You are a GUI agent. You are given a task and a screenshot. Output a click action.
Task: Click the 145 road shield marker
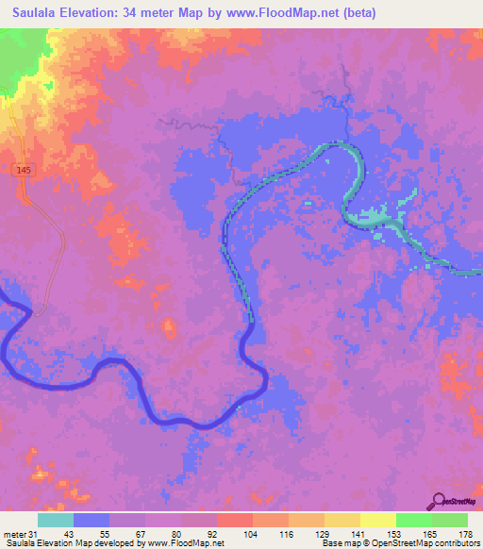point(22,169)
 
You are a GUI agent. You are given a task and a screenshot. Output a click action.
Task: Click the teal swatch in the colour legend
point(56,520)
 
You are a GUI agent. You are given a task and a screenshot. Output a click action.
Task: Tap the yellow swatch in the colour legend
point(377,520)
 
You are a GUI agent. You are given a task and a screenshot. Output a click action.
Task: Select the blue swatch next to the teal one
point(92,520)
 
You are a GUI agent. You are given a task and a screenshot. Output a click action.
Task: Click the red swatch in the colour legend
point(234,520)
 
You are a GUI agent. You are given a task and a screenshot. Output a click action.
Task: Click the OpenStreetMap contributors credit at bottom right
point(425,543)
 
